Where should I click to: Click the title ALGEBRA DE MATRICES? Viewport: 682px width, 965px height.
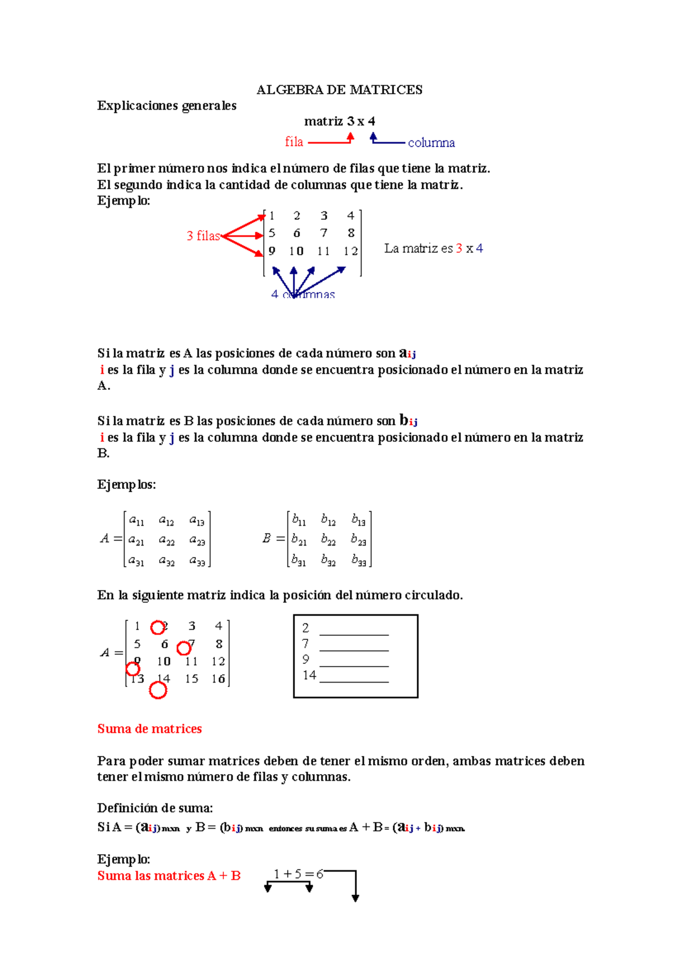(x=339, y=90)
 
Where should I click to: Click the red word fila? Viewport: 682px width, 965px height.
(x=294, y=142)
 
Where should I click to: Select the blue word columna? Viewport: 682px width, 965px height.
(x=431, y=143)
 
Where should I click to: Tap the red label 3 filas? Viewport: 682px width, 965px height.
(x=203, y=236)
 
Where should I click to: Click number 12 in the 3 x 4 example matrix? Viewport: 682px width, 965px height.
(x=351, y=251)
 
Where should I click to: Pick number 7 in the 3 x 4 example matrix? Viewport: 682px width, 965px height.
(x=323, y=233)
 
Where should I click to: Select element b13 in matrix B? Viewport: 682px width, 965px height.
(x=358, y=520)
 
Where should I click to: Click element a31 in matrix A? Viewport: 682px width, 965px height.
(x=136, y=561)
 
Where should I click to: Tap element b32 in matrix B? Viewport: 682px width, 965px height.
(x=328, y=561)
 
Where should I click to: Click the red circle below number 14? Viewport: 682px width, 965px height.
(x=158, y=690)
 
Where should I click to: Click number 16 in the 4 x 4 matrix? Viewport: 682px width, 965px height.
(x=218, y=679)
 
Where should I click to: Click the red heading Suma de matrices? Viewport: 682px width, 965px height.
(x=149, y=729)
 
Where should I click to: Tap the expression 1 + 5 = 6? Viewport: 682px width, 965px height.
(x=298, y=874)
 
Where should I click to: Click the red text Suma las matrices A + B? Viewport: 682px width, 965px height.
(x=169, y=876)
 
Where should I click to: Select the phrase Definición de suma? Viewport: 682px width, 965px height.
(x=155, y=808)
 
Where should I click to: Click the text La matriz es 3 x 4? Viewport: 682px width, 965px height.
(x=433, y=248)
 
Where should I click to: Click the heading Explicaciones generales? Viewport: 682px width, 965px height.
(x=167, y=106)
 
